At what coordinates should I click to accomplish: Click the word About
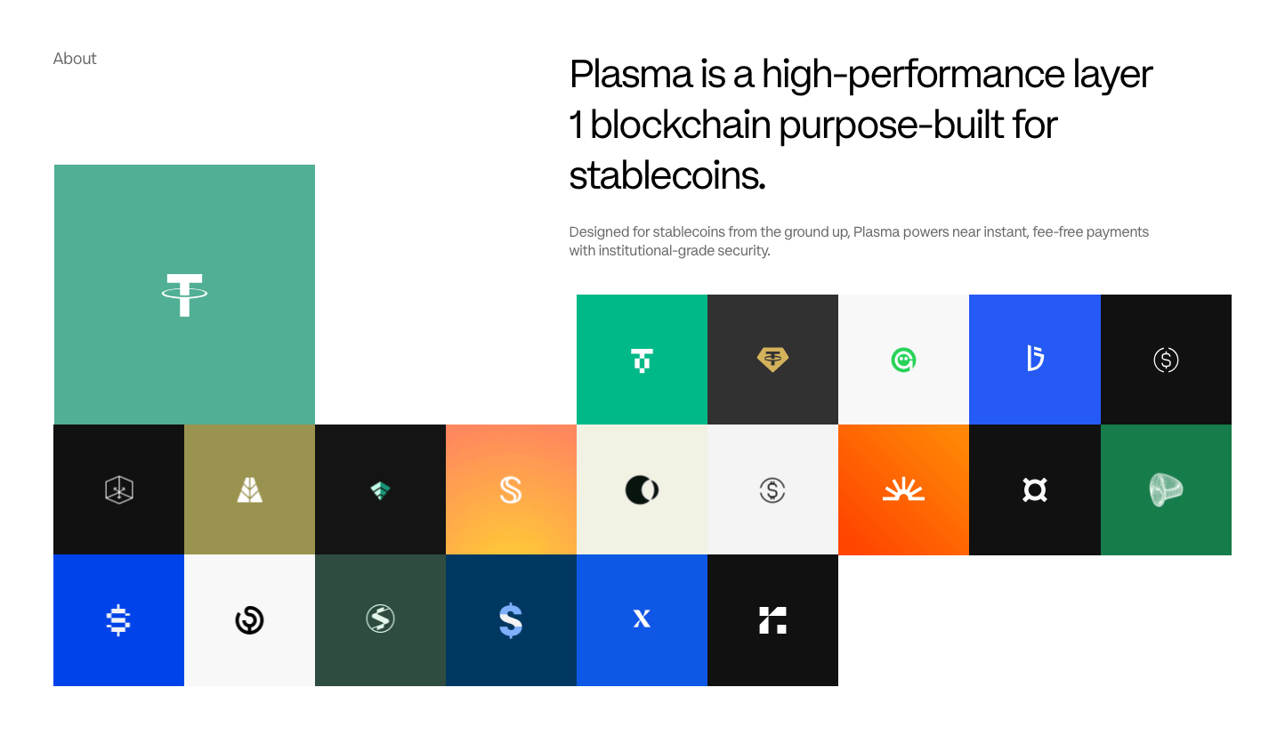(x=75, y=59)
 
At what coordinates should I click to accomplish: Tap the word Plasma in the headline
(x=631, y=75)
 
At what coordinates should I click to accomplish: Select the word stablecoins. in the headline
(x=667, y=175)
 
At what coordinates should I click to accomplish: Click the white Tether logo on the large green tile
(x=184, y=295)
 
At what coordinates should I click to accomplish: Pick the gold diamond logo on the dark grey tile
(x=772, y=360)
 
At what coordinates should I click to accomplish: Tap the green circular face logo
(x=903, y=360)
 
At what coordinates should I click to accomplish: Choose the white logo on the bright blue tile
(x=1035, y=359)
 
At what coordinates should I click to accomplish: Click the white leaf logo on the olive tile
(x=249, y=490)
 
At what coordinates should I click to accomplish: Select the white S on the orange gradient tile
(x=511, y=490)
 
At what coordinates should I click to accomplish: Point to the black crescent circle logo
(x=642, y=489)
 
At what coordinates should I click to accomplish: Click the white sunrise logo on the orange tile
(x=903, y=489)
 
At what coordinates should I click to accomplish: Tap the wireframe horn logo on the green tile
(x=1165, y=489)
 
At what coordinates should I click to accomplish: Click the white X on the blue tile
(x=642, y=619)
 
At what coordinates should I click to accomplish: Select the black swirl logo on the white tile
(x=249, y=620)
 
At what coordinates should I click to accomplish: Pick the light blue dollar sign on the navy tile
(x=511, y=620)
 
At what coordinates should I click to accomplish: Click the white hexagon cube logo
(x=118, y=489)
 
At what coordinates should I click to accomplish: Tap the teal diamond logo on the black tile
(x=380, y=490)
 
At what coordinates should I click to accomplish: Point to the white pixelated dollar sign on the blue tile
(x=118, y=620)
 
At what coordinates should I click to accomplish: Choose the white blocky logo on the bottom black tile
(x=772, y=620)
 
